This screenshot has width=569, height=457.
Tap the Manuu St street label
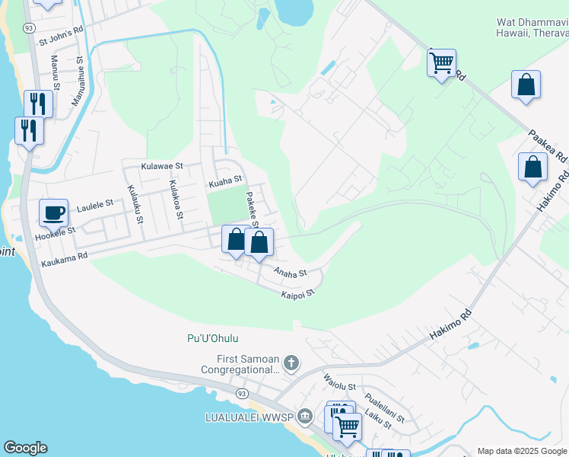55,70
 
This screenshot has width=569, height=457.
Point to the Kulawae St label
162,165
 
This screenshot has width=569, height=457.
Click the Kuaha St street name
225,180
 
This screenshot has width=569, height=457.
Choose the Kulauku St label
134,203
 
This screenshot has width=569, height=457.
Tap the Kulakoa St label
175,200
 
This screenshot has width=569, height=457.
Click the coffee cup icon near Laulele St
53,213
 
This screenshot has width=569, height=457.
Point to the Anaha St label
291,272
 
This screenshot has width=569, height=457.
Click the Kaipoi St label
297,293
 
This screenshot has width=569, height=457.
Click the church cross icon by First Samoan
291,363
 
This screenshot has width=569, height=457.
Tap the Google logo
25,448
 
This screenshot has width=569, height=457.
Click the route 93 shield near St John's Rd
29,27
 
